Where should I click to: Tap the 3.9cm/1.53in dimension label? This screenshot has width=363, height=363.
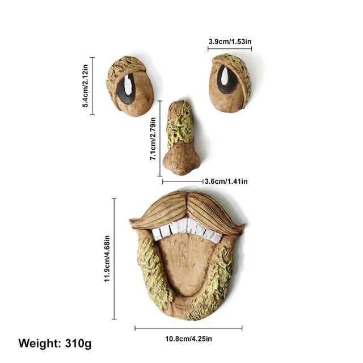coord(230,41)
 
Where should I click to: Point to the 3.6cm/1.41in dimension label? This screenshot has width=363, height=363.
coord(226,181)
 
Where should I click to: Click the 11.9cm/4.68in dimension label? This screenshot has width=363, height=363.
coord(107,259)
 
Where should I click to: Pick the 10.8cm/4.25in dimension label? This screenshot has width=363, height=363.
coord(188,339)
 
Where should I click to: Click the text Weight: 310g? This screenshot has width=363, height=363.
coord(54,343)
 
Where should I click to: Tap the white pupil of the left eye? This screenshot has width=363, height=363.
coord(129,85)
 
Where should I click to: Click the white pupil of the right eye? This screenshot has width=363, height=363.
coord(225,76)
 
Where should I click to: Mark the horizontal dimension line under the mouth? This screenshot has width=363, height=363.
coord(188,328)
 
